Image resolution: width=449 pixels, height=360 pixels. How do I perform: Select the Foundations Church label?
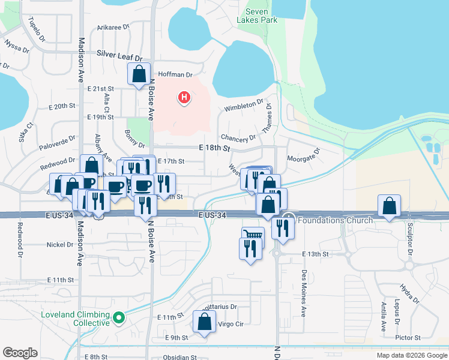click(x=335, y=220)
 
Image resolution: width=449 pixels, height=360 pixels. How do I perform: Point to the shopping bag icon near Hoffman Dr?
click(x=139, y=75)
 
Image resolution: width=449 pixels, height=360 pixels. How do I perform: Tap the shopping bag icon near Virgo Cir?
click(x=204, y=321)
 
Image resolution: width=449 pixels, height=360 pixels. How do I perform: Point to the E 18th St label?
click(x=214, y=148)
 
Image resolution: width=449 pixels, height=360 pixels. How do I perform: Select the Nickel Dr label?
click(x=60, y=245)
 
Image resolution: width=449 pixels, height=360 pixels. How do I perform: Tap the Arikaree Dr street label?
click(x=114, y=27)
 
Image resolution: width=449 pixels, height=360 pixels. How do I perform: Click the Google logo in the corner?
click(x=20, y=353)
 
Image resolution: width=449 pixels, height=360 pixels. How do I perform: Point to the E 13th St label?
click(x=316, y=254)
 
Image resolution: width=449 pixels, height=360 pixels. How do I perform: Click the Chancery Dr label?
click(x=234, y=139)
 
